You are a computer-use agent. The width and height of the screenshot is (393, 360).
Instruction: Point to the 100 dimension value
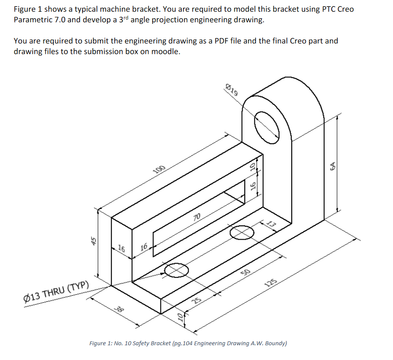point(160,170)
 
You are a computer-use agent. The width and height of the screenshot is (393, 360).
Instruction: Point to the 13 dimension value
point(271,225)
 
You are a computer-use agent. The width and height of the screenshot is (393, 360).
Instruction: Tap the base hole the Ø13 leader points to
point(177,270)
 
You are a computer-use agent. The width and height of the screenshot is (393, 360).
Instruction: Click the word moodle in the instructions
point(167,52)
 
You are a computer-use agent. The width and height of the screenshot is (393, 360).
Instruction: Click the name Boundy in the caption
point(272,343)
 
